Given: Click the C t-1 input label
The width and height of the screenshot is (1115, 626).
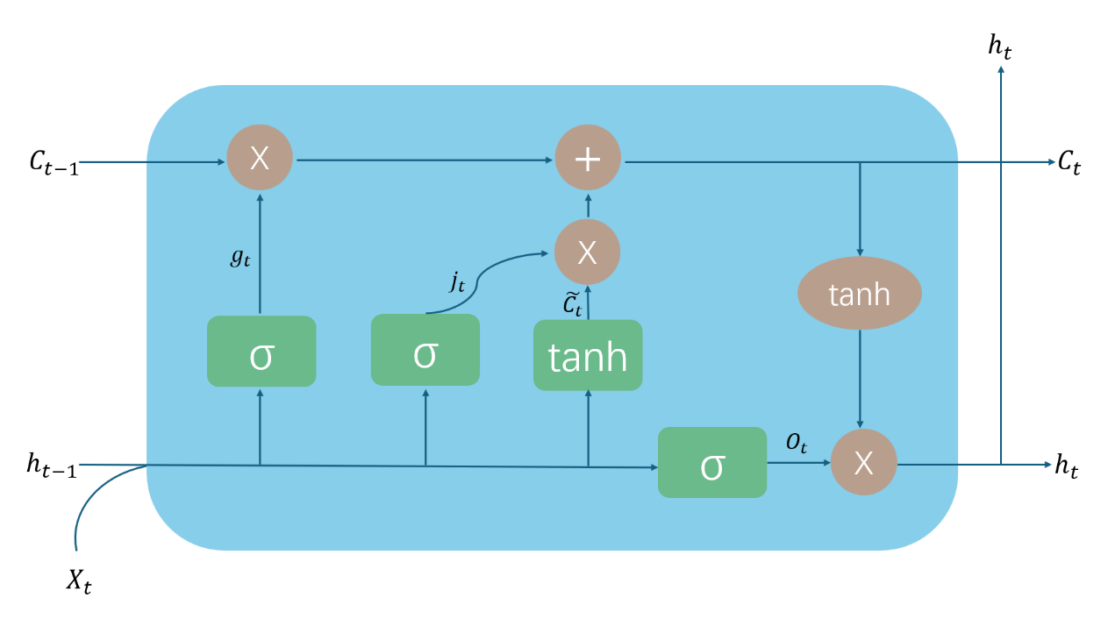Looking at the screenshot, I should pos(54,163).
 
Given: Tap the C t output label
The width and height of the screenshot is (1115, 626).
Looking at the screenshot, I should pos(1069,162).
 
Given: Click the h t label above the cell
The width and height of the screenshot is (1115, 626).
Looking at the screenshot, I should pos(1000,46).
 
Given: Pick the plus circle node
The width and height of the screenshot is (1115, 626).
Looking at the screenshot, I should pos(588,160).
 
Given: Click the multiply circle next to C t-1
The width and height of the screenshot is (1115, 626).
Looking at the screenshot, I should pos(260,159).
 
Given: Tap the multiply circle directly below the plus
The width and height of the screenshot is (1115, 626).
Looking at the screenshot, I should pos(588,253).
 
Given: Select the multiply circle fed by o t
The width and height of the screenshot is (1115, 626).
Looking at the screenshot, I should pos(863,463).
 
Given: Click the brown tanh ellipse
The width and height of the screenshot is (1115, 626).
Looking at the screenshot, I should pos(859,294).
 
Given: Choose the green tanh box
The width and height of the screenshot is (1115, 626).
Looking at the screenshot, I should pos(588,355).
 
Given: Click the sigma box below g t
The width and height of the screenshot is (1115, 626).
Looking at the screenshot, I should pos(261,352).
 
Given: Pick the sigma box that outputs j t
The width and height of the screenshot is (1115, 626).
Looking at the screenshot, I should pos(425,350).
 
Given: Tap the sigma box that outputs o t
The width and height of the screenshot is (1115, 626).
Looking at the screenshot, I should pos(712,463).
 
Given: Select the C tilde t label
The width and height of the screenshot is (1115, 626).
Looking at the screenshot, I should pos(572,303).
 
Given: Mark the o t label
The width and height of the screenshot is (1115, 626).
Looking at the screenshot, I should pos(796,444).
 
